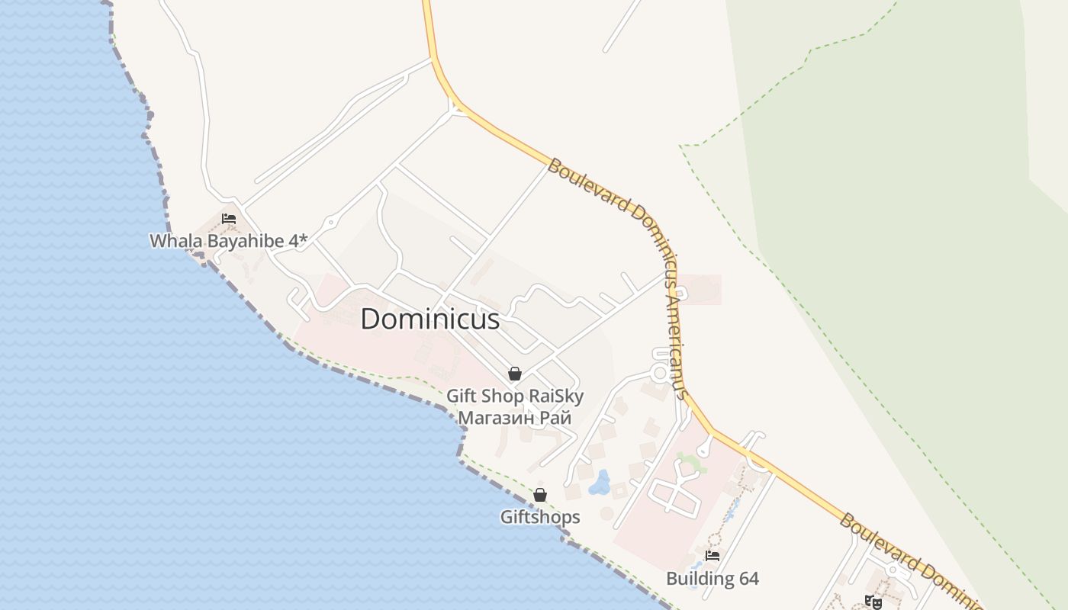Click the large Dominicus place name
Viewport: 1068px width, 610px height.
click(x=429, y=319)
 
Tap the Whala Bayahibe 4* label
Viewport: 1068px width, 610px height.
click(x=228, y=241)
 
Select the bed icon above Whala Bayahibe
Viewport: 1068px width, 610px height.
click(x=228, y=219)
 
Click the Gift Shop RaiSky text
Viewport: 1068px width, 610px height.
click(x=515, y=396)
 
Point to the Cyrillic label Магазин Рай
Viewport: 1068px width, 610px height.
click(x=514, y=418)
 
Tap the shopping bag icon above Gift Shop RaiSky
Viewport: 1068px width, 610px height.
click(x=515, y=374)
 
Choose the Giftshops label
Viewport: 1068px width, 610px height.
click(x=540, y=517)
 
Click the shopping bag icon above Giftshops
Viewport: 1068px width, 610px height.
click(x=540, y=495)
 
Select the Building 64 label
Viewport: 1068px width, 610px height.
click(x=713, y=579)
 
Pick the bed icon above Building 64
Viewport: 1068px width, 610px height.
click(x=713, y=556)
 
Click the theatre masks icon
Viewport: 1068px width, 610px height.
click(x=874, y=602)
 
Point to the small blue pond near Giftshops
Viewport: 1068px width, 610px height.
click(x=601, y=483)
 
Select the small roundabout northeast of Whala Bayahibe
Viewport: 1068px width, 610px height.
click(x=330, y=223)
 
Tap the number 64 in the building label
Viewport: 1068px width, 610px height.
click(x=748, y=579)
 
